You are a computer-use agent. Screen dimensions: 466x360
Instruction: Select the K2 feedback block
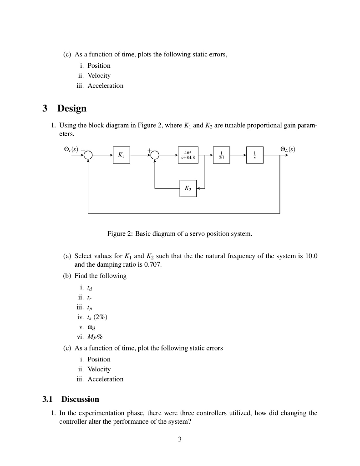[188, 188]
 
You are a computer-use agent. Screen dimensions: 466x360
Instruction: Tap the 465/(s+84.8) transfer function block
[188, 155]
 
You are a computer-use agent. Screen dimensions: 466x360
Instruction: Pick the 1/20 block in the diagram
[221, 155]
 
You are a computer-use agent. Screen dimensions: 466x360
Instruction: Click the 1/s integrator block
[254, 155]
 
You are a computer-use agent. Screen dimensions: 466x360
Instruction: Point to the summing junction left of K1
[88, 155]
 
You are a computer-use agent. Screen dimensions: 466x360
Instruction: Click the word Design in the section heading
[72, 109]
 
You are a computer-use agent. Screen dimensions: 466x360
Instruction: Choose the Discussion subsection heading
[80, 399]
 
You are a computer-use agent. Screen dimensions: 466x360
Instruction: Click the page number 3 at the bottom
[180, 439]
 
